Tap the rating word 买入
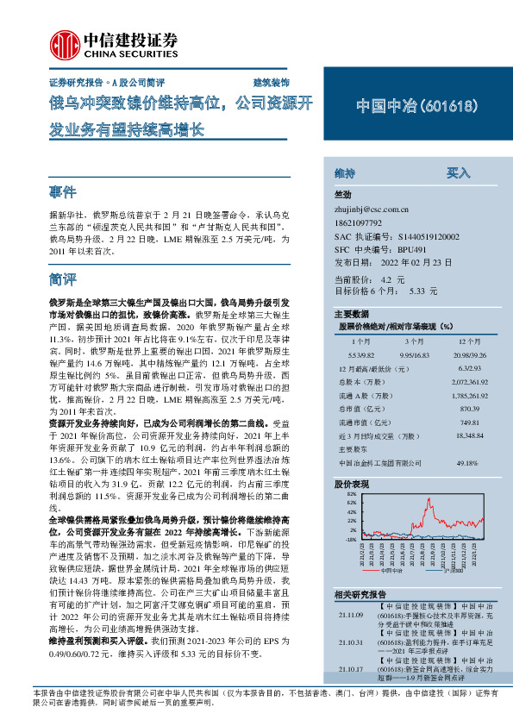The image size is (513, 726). [x=458, y=173]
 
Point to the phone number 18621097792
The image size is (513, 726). [x=363, y=222]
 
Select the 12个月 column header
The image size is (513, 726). [x=457, y=341]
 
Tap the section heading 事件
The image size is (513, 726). [x=64, y=191]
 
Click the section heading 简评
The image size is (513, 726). [x=64, y=280]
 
